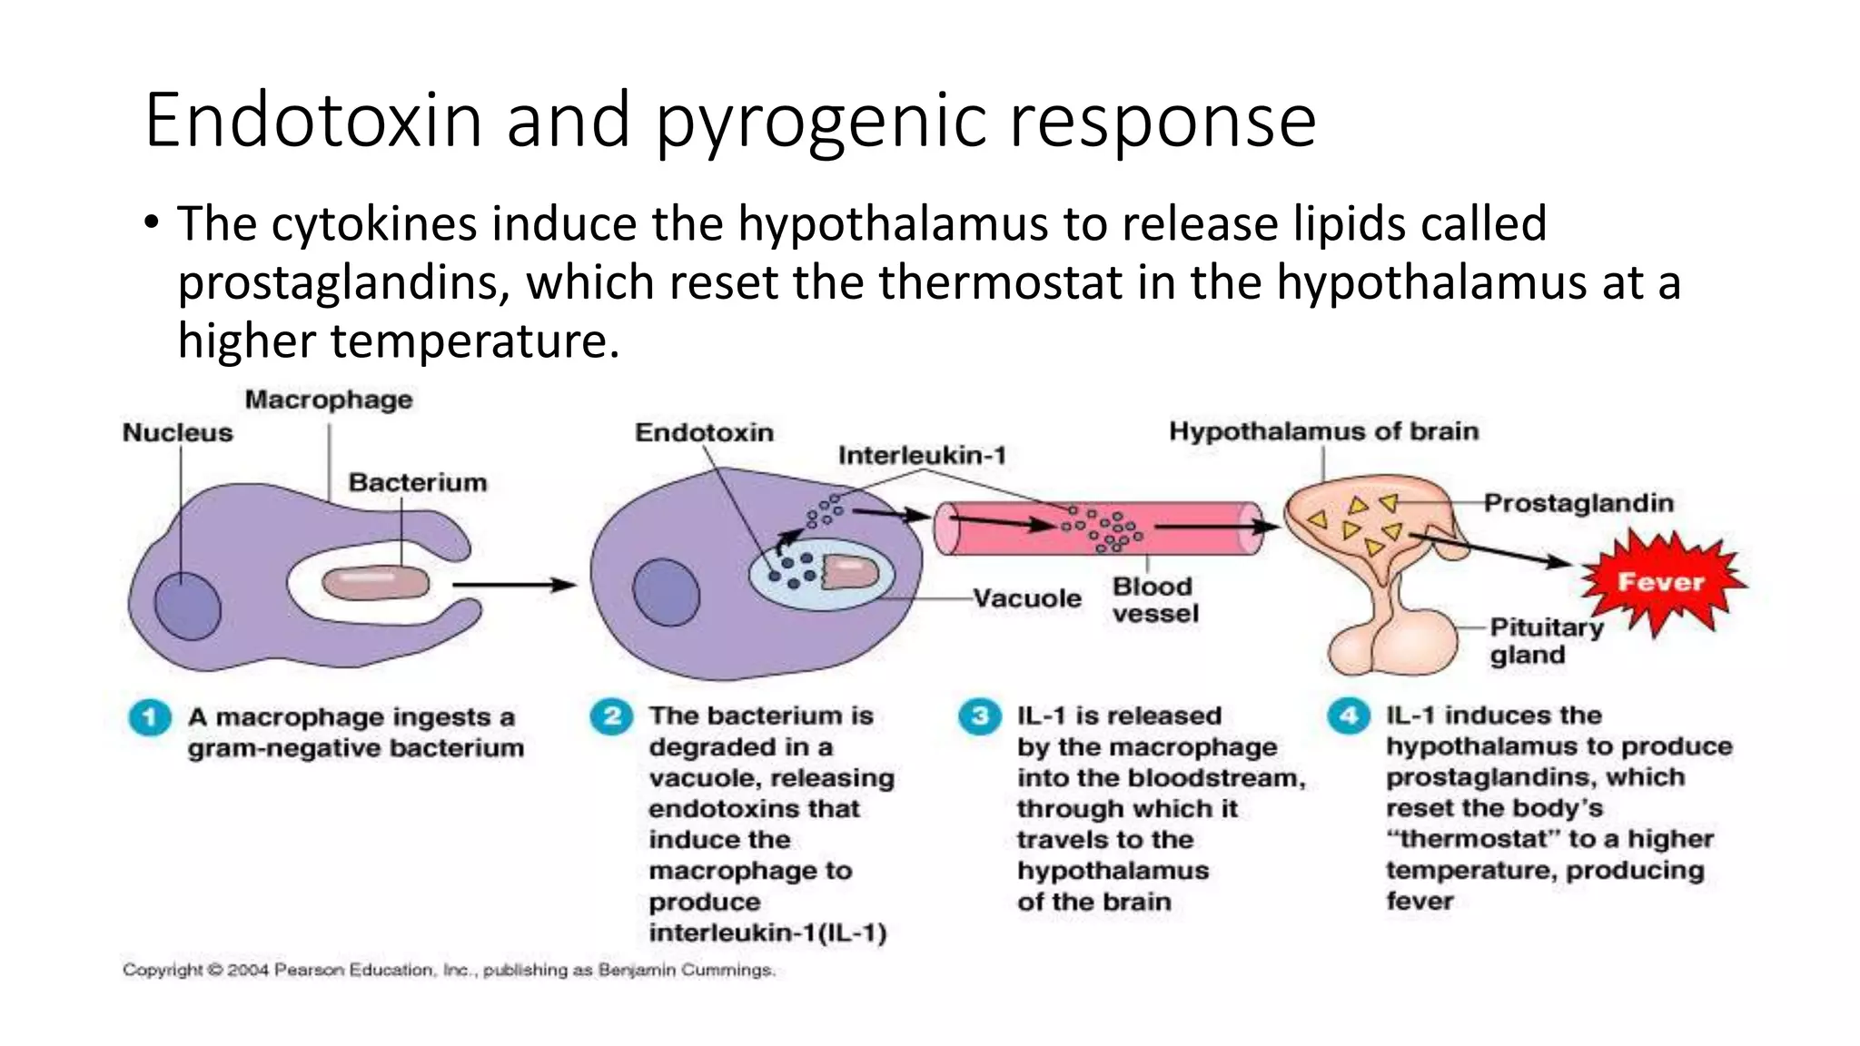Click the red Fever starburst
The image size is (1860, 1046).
[x=1661, y=581]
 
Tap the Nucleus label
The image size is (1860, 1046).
[x=177, y=432]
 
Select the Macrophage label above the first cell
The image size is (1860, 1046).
[x=329, y=400]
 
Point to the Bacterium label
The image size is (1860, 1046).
[x=418, y=482]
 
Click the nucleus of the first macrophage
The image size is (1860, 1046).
[x=188, y=606]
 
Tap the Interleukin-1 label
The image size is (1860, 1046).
[x=922, y=455]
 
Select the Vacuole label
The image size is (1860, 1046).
[x=1027, y=598]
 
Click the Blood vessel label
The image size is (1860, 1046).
[x=1154, y=600]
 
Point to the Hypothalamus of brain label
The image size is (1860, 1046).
[x=1323, y=430]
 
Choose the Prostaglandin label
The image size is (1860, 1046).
[x=1578, y=503]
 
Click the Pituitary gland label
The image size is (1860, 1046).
[x=1546, y=641]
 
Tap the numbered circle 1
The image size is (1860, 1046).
[x=150, y=717]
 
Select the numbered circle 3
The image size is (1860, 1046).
[x=980, y=716]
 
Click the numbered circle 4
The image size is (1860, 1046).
[x=1349, y=716]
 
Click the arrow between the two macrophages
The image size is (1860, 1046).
[x=514, y=585]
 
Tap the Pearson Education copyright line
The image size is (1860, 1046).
[x=449, y=970]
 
